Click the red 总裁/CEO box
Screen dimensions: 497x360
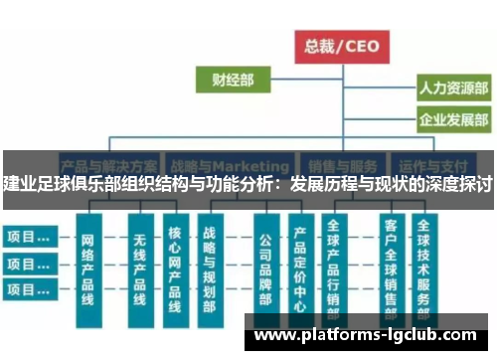342,45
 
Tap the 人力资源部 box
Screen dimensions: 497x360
453,90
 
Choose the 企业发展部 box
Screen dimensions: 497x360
453,121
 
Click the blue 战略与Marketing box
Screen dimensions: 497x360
228,163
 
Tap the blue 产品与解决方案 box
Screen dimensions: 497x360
110,163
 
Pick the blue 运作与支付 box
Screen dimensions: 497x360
442,163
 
